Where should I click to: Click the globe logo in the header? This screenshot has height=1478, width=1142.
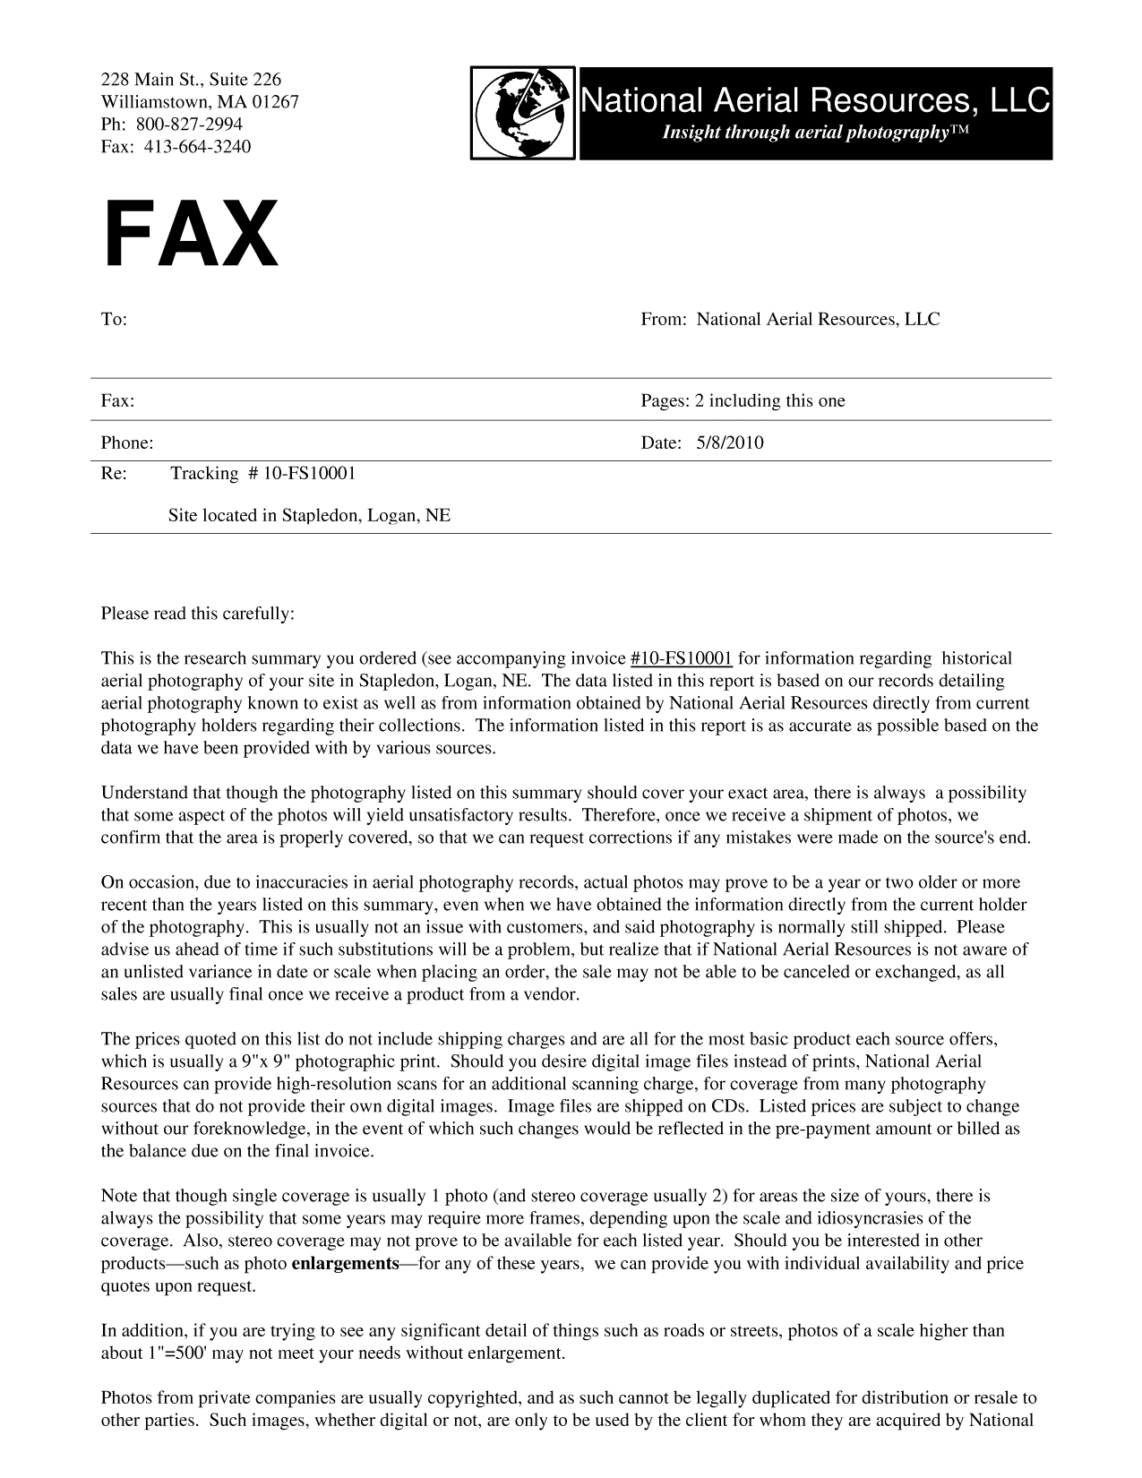pos(524,114)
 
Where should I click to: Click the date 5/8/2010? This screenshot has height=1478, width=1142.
pos(729,443)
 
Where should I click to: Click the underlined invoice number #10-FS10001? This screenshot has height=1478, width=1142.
pos(682,658)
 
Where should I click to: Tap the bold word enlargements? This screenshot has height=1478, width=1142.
pos(346,1264)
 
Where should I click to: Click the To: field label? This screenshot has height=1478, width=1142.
pos(114,320)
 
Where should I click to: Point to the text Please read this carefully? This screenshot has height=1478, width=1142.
pos(197,614)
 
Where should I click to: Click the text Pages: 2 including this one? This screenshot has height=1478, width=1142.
pos(743,400)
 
